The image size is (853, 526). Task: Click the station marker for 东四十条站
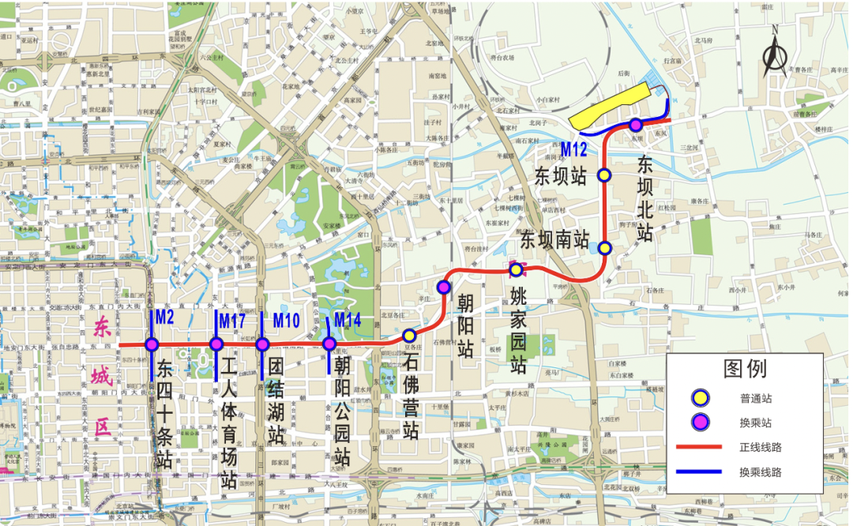pos(152,344)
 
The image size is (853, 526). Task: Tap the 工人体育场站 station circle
pos(216,344)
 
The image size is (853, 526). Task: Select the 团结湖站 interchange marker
pos(263,344)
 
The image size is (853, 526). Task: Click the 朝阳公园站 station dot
pos(329,344)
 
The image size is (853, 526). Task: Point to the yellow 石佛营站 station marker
pos(409,335)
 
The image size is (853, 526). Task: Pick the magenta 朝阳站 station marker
pos(444,286)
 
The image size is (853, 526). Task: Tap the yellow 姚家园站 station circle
pos(516,270)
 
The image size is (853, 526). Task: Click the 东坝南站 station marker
pos(604,248)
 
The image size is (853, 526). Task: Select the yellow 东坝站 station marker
pos(604,175)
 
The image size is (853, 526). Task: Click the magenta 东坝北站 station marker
pos(635,124)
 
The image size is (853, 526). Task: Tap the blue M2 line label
pos(164,317)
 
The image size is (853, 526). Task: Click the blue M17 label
pos(232,321)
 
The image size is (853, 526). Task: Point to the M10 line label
pos(286,321)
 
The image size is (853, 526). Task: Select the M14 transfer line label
pos(348,320)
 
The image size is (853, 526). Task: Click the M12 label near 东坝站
pos(574,148)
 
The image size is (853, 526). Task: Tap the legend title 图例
pos(744,369)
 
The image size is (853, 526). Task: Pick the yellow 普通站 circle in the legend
pos(699,397)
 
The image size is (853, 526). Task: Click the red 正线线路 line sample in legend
pos(700,447)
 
